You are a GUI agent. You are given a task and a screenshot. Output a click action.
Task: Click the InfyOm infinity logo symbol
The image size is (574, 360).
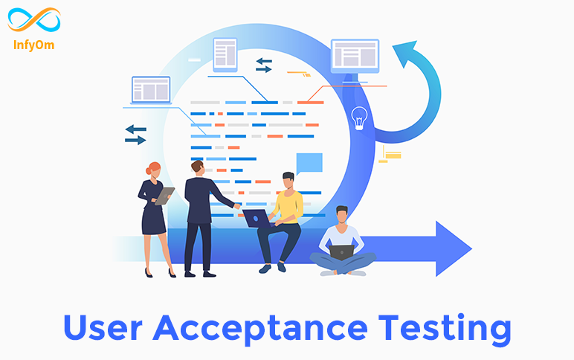34,20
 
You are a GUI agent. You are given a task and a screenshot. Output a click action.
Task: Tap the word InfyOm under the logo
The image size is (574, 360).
33,45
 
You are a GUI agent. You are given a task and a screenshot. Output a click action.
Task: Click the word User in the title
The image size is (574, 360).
103,327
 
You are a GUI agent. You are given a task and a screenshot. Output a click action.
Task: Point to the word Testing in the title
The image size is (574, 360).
445,329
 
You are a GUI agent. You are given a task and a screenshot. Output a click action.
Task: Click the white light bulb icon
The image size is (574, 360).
359,118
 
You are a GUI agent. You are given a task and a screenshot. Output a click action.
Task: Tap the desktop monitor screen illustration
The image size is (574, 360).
355,57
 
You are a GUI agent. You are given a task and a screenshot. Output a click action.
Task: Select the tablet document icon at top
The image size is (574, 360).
225,55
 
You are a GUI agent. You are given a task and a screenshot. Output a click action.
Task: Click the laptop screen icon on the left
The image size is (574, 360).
151,90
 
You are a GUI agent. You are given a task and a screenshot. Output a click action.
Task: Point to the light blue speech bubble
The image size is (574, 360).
309,164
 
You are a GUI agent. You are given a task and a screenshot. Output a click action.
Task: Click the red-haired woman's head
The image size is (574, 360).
154,170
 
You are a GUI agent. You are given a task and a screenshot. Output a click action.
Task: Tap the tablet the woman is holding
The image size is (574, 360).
164,196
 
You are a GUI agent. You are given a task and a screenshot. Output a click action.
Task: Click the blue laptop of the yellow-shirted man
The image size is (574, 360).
257,219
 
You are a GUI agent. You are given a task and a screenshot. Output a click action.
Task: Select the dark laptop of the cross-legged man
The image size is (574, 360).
341,252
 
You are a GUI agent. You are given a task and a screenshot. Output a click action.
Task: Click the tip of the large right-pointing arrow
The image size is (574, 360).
471,248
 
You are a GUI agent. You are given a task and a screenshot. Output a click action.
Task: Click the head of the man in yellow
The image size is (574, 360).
288,180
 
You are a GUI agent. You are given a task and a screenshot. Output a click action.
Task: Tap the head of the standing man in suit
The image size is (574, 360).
198,168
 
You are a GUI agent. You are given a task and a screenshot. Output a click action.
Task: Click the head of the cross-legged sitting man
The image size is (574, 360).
342,215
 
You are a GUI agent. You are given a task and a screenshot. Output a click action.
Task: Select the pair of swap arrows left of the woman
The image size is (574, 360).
135,135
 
